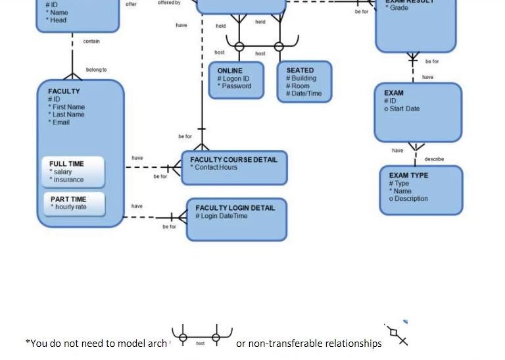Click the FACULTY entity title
point(64,91)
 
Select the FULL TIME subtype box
point(73,172)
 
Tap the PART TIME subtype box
point(74,203)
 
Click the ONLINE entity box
point(236,80)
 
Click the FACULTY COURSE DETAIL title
point(233,159)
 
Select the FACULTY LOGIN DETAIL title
point(235,208)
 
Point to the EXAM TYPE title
point(408,176)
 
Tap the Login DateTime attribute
point(222,216)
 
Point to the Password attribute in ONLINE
point(235,86)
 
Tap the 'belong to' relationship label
point(96,70)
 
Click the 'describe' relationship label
point(434,159)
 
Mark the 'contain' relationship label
point(91,41)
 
